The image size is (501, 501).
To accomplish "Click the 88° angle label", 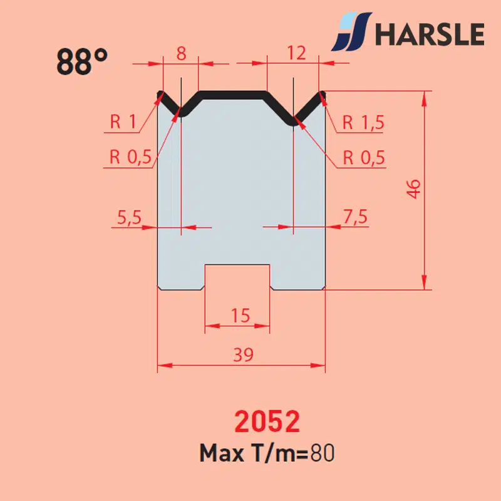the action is point(82,61).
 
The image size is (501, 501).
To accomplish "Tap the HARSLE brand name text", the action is point(430,34).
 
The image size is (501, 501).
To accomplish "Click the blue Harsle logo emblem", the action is point(351,31).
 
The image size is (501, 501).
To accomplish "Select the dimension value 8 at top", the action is point(181,53).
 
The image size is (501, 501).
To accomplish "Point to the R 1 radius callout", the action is point(123,121).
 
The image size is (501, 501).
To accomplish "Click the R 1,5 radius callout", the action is point(363,122).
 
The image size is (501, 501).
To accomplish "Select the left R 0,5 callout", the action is point(130,157).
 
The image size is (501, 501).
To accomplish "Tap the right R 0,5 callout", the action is point(364,158).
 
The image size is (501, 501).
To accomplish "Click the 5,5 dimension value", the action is point(129,217).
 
